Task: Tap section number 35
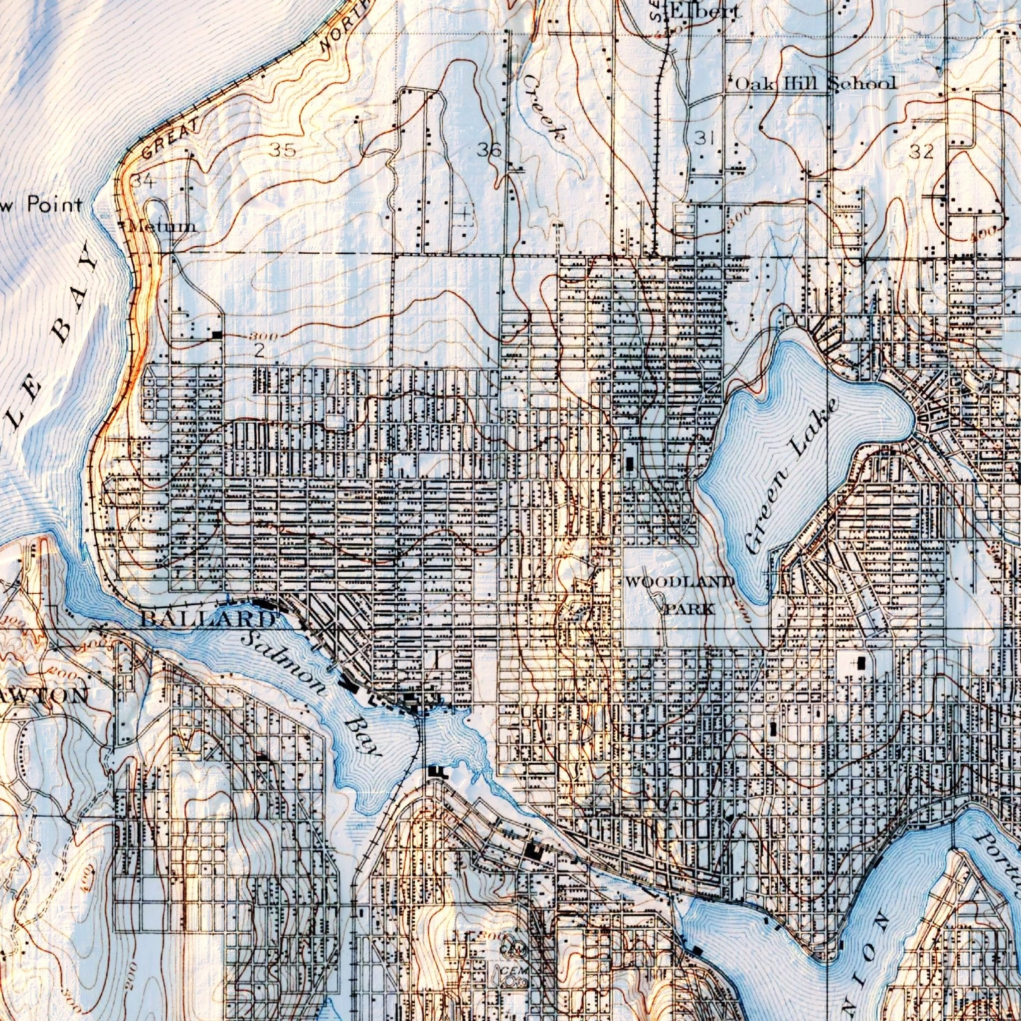(x=283, y=150)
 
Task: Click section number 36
(x=489, y=151)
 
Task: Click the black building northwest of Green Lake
(x=630, y=464)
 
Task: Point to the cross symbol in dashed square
(x=464, y=214)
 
